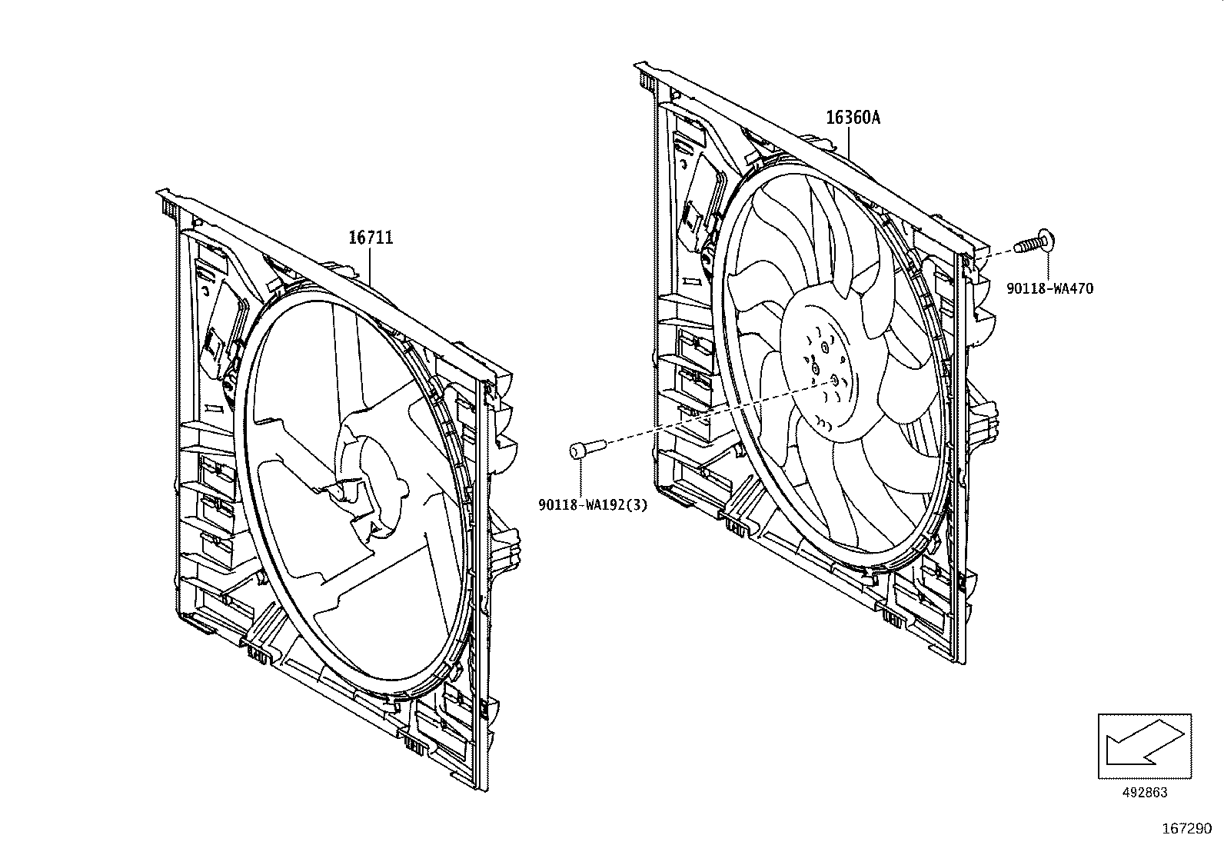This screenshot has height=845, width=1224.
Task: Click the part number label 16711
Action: pyautogui.click(x=371, y=238)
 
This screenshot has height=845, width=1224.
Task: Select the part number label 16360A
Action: pyautogui.click(x=853, y=118)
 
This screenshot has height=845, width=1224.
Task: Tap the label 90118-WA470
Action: pyautogui.click(x=1049, y=289)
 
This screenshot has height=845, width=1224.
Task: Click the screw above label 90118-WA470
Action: pyautogui.click(x=1033, y=242)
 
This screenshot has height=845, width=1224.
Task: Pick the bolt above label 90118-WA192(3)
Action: pyautogui.click(x=587, y=447)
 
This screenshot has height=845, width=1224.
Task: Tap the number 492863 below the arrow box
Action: pyautogui.click(x=1145, y=793)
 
